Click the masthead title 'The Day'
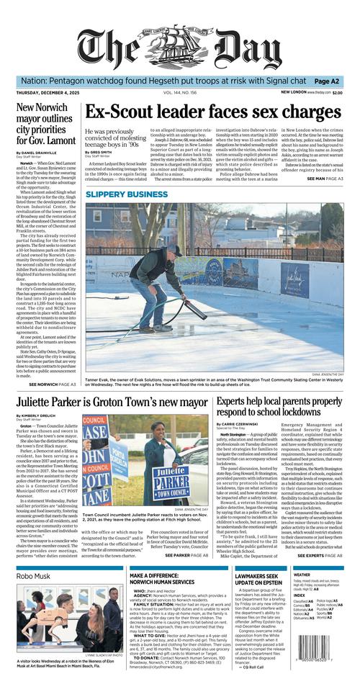(180, 47)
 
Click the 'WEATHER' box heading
(302, 575)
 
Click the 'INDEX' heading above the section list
(299, 595)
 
